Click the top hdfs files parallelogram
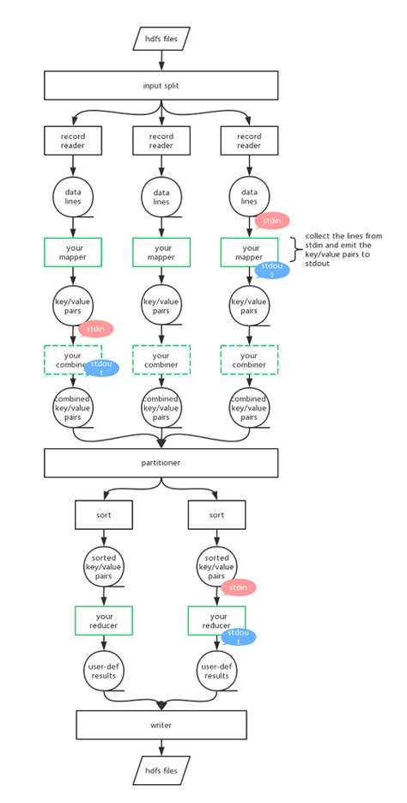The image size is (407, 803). click(161, 38)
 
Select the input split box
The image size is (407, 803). click(161, 85)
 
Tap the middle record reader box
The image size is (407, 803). click(161, 141)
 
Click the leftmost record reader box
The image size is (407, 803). click(73, 141)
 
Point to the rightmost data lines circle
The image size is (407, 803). click(249, 196)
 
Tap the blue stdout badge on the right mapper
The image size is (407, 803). click(272, 270)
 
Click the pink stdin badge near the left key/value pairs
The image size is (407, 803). click(96, 327)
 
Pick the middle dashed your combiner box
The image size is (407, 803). click(161, 359)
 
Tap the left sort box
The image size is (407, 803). click(103, 515)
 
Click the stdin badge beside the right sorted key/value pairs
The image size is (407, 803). click(239, 587)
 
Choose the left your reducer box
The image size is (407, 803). click(103, 620)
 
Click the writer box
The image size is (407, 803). click(161, 725)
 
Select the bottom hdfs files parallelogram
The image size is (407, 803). click(161, 770)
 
